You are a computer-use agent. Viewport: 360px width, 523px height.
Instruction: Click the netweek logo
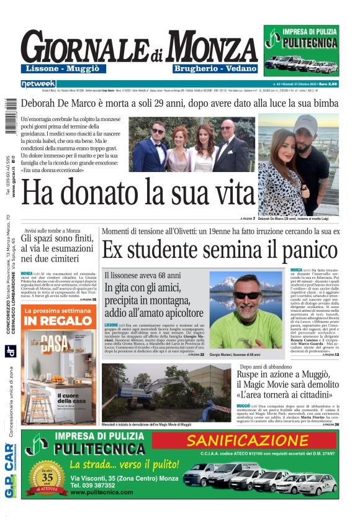pos(39,83)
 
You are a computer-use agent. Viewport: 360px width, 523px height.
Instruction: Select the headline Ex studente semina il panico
pos(208,250)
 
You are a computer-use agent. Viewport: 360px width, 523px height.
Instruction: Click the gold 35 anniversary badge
pos(52,479)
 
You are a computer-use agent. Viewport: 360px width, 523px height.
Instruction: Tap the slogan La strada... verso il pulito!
pos(124,465)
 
